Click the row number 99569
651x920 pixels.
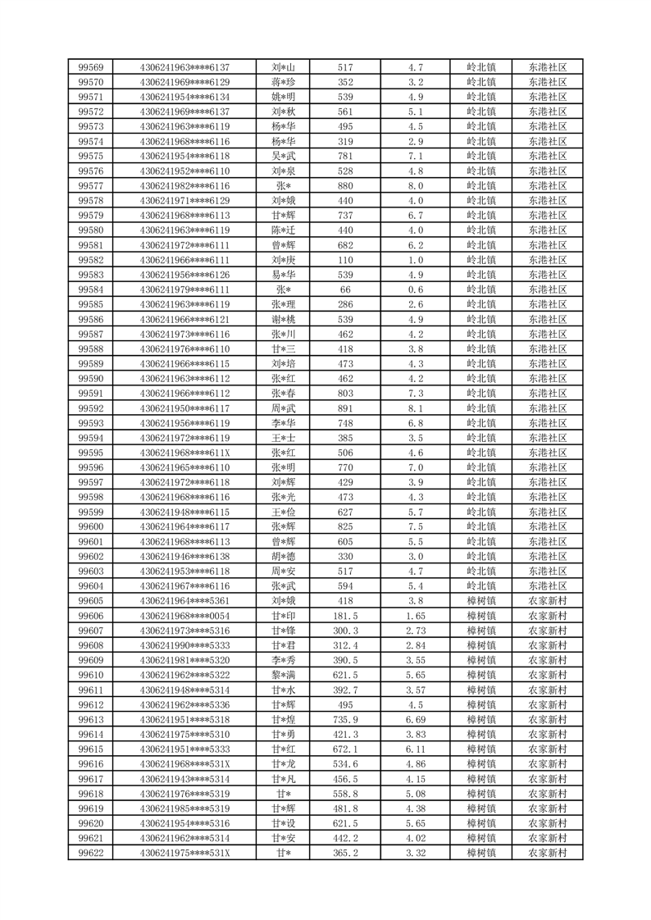click(90, 67)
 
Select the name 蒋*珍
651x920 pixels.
click(284, 82)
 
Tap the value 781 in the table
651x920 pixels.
click(345, 156)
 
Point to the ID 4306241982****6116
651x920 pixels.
click(184, 186)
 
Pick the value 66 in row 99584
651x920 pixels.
click(345, 289)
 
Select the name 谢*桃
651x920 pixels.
click(284, 319)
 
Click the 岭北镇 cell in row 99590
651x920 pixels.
click(480, 378)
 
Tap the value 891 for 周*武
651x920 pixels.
click(345, 408)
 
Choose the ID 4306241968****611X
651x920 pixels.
click(184, 453)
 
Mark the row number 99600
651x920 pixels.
click(90, 526)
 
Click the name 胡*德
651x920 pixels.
click(284, 556)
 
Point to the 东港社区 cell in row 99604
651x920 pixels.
click(548, 585)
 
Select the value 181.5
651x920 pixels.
click(345, 616)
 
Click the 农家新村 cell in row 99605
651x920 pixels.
click(548, 601)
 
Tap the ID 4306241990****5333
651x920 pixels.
click(184, 645)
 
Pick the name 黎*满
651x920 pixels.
click(284, 675)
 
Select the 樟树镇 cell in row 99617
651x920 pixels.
click(480, 779)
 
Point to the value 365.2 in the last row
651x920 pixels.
click(345, 853)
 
